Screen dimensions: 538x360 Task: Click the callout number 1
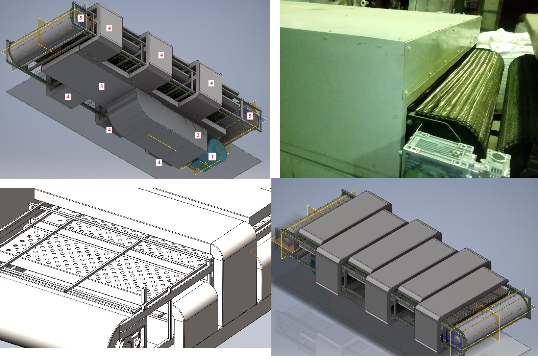pyautogui.click(x=212, y=156)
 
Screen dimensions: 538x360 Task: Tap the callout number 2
pyautogui.click(x=198, y=135)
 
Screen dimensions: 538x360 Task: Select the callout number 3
pyautogui.click(x=101, y=86)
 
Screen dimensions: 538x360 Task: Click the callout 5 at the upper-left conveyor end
pyautogui.click(x=81, y=18)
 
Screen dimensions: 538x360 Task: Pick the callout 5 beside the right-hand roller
pyautogui.click(x=250, y=116)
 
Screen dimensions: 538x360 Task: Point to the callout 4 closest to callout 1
pyautogui.click(x=159, y=162)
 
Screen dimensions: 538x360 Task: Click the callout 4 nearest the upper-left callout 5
pyautogui.click(x=109, y=28)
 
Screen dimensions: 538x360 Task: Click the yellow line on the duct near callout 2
pyautogui.click(x=161, y=142)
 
